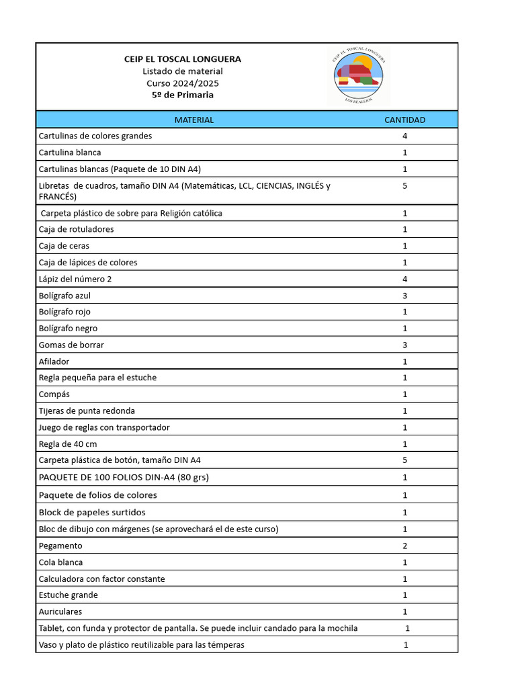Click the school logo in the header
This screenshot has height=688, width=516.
pos(359,75)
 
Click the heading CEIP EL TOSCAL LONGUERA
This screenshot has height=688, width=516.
pos(183,59)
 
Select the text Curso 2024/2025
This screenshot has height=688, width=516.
pos(183,83)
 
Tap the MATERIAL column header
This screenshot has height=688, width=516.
pos(194,120)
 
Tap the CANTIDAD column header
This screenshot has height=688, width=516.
pos(404,120)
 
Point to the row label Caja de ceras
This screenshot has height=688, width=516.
pos(64,246)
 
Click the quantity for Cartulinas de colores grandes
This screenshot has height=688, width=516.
pos(404,136)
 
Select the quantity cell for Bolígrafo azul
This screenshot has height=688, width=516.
pos(404,296)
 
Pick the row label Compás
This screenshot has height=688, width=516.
pos(54,394)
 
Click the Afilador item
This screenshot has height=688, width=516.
pos(54,361)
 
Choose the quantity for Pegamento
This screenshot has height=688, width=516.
pos(404,546)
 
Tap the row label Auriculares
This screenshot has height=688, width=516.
pos(60,611)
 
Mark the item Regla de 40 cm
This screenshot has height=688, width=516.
pos(68,444)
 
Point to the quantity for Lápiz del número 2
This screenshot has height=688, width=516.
pos(404,279)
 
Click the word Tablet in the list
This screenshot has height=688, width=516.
pos(51,628)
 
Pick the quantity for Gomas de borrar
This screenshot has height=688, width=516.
pos(404,345)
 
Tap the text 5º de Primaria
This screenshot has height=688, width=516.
pos(183,95)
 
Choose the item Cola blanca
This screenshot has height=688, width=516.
pos(61,562)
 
